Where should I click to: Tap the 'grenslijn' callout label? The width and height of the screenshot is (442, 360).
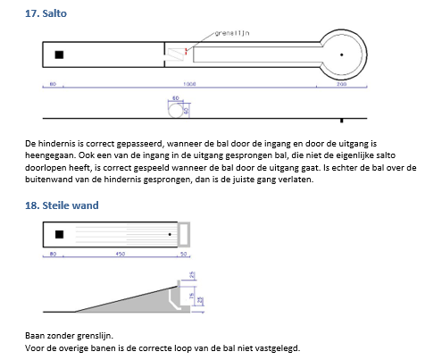coord(230,33)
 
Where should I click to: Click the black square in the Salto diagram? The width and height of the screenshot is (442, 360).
coord(59,55)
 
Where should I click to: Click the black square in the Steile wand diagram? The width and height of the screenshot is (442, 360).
coord(59,234)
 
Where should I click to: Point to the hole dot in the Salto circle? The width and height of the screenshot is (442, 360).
coord(342,54)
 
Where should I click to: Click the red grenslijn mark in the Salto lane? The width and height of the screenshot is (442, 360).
coord(186,51)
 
